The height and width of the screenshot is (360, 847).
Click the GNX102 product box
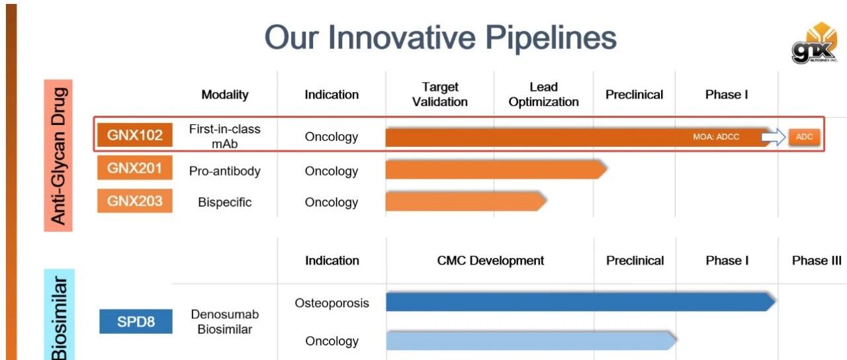(x=134, y=134)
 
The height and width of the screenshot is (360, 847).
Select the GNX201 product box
(x=134, y=167)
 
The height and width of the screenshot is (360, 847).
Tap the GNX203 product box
(x=134, y=201)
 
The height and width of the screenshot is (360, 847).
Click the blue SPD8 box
(x=136, y=322)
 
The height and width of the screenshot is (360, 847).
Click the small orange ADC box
(x=804, y=136)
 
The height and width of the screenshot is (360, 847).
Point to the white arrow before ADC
(x=774, y=136)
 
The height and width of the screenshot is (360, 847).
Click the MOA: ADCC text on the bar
(x=716, y=136)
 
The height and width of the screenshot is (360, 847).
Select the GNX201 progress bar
(x=496, y=169)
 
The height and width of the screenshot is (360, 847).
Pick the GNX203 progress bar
(x=466, y=201)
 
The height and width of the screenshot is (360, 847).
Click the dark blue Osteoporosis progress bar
(x=581, y=302)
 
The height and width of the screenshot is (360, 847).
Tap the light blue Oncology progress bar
(x=531, y=340)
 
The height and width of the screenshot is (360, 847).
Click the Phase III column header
(x=817, y=261)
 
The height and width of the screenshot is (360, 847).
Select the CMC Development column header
(x=490, y=261)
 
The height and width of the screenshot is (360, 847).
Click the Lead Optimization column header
(x=543, y=95)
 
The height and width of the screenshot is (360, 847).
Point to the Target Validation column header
(x=440, y=95)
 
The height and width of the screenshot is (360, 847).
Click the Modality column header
(x=225, y=95)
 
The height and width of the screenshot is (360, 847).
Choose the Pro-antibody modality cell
(x=224, y=171)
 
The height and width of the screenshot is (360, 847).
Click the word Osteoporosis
(x=332, y=303)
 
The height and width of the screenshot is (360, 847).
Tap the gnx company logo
(x=815, y=43)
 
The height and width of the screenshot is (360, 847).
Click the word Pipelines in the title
(x=551, y=38)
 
